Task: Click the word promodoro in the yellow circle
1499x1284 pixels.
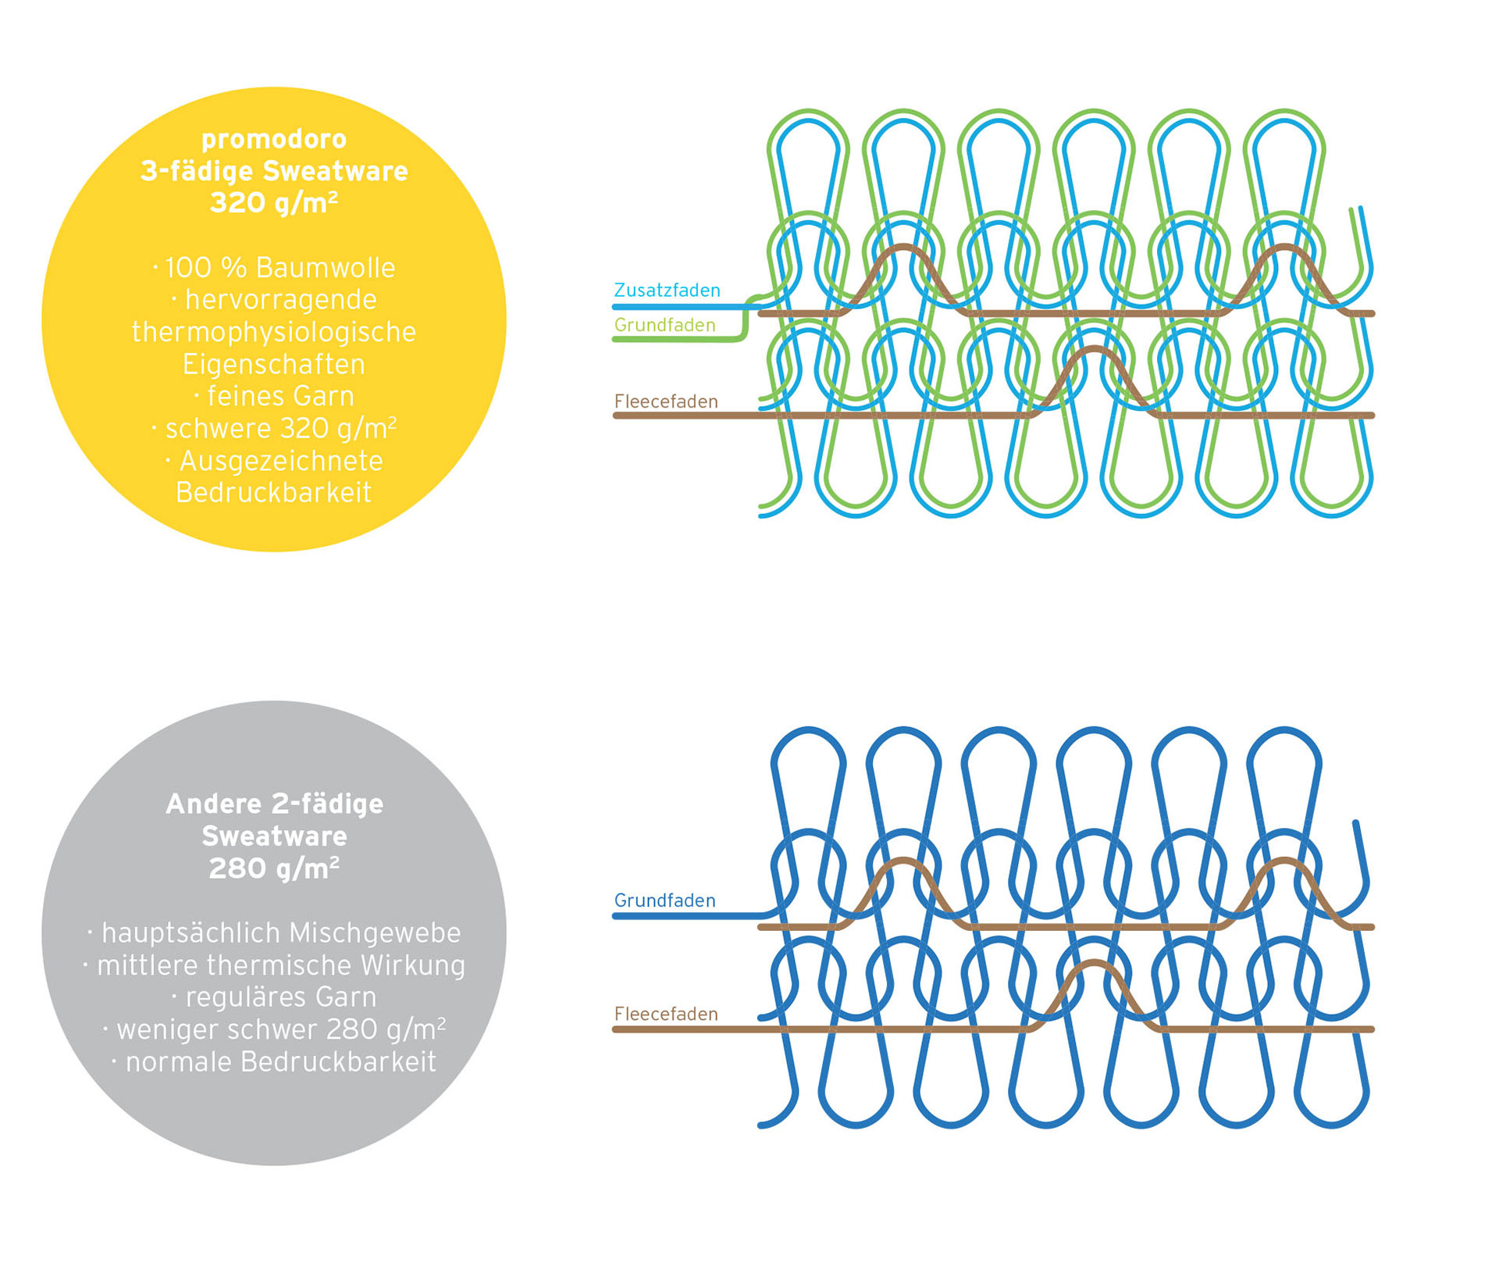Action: click(x=274, y=140)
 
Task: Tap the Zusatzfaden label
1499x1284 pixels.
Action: click(x=667, y=291)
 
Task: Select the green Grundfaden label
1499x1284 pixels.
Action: click(x=664, y=325)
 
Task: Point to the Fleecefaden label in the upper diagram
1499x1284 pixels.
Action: click(x=666, y=401)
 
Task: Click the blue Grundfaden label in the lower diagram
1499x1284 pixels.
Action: click(x=664, y=901)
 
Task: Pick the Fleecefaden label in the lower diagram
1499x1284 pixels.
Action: click(x=666, y=1014)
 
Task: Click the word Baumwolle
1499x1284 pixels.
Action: click(x=326, y=268)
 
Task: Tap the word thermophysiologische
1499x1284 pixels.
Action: click(x=274, y=333)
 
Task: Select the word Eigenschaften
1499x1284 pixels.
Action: click(x=274, y=365)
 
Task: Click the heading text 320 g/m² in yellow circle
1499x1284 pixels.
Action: click(x=274, y=203)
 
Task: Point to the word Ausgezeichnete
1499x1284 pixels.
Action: click(x=281, y=461)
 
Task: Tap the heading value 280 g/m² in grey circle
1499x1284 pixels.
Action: click(x=274, y=868)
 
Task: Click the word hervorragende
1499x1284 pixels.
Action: click(x=281, y=300)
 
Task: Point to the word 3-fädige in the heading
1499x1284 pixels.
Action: click(x=197, y=172)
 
